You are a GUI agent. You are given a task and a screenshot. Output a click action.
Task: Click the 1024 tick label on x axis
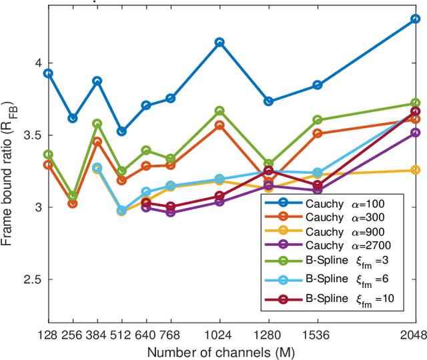click(220, 335)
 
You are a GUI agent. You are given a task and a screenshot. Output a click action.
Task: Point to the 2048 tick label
click(414, 335)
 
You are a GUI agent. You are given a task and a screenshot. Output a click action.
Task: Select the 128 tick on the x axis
click(48, 335)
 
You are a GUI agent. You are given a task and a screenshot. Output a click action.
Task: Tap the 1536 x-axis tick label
click(317, 335)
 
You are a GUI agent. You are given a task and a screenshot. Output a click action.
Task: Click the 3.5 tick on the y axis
click(31, 135)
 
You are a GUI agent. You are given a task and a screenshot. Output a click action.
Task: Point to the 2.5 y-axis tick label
click(31, 280)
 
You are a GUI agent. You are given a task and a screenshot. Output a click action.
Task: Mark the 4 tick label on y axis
click(37, 63)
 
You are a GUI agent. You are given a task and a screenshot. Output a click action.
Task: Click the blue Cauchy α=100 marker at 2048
click(415, 19)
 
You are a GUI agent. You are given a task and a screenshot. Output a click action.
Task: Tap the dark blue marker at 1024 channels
click(220, 42)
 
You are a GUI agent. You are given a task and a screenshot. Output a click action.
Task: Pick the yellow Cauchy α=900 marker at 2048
click(415, 170)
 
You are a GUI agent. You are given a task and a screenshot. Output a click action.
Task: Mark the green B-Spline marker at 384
click(97, 124)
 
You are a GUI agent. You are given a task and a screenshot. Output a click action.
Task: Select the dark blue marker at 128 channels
click(48, 73)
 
